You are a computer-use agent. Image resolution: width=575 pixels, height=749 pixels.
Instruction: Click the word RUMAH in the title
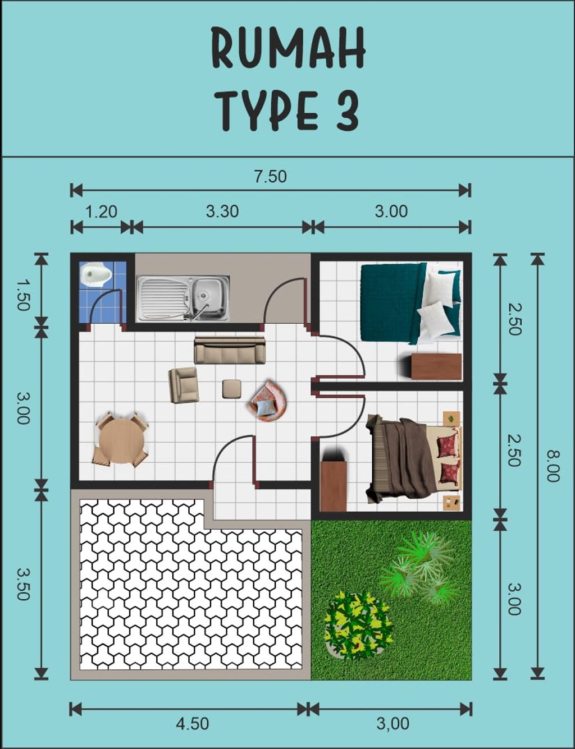(x=287, y=47)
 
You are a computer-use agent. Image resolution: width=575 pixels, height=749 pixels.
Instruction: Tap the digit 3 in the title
(x=346, y=111)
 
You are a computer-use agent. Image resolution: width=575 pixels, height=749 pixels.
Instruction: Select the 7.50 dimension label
(x=271, y=177)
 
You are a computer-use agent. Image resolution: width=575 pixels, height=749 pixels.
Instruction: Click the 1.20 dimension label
(x=101, y=212)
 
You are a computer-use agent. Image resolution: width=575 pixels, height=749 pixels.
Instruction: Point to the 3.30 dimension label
(x=222, y=212)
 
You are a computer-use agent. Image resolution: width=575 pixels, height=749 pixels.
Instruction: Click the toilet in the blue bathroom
(x=96, y=275)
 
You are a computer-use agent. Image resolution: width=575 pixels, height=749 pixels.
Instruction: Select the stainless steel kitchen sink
(x=183, y=298)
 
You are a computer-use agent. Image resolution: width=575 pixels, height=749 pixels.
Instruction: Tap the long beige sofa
(x=230, y=350)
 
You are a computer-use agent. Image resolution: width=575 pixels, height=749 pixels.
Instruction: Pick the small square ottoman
(x=231, y=389)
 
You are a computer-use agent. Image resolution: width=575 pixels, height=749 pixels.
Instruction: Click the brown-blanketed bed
(x=414, y=458)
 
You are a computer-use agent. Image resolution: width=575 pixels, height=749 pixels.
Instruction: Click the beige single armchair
(x=184, y=385)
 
